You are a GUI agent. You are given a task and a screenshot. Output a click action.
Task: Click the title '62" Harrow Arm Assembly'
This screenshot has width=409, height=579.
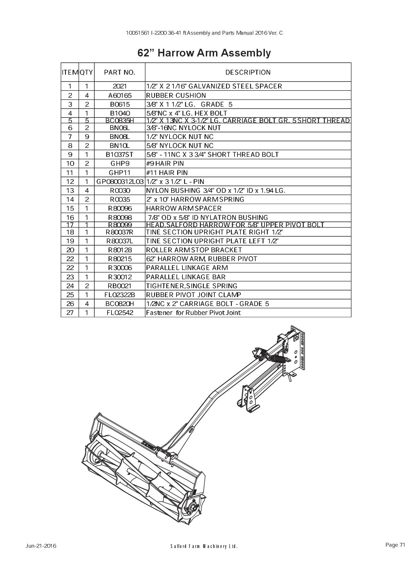[x=204, y=53]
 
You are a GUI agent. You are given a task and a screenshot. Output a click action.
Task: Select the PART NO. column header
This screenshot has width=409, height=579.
[x=120, y=72]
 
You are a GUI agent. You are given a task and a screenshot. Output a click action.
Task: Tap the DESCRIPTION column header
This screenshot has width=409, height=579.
[x=248, y=72]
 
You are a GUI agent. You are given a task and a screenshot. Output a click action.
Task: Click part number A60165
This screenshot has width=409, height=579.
[x=120, y=95]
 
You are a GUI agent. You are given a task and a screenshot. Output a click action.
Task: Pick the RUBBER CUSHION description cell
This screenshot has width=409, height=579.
[x=176, y=95]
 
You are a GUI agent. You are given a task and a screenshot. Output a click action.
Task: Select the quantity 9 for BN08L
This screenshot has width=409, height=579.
[x=86, y=137]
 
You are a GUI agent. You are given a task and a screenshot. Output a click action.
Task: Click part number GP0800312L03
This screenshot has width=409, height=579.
[x=120, y=182]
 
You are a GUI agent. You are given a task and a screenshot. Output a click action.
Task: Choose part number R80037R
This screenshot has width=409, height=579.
[x=120, y=232]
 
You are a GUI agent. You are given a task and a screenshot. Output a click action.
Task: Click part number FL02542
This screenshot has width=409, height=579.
[x=120, y=313]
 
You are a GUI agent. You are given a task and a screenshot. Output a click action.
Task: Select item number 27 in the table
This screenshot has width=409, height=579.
[x=70, y=313]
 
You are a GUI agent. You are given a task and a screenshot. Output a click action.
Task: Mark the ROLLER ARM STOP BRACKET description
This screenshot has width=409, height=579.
[x=194, y=250]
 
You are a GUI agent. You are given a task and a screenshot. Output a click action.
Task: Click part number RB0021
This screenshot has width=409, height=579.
[x=120, y=286]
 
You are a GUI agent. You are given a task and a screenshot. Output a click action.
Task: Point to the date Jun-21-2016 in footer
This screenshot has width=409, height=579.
[x=41, y=546]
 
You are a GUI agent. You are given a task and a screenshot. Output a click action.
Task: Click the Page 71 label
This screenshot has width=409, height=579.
[x=395, y=545]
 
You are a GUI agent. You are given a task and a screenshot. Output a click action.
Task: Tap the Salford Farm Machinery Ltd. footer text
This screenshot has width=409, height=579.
[x=204, y=546]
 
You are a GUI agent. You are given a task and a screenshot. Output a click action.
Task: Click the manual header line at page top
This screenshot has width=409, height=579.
[x=204, y=33]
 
